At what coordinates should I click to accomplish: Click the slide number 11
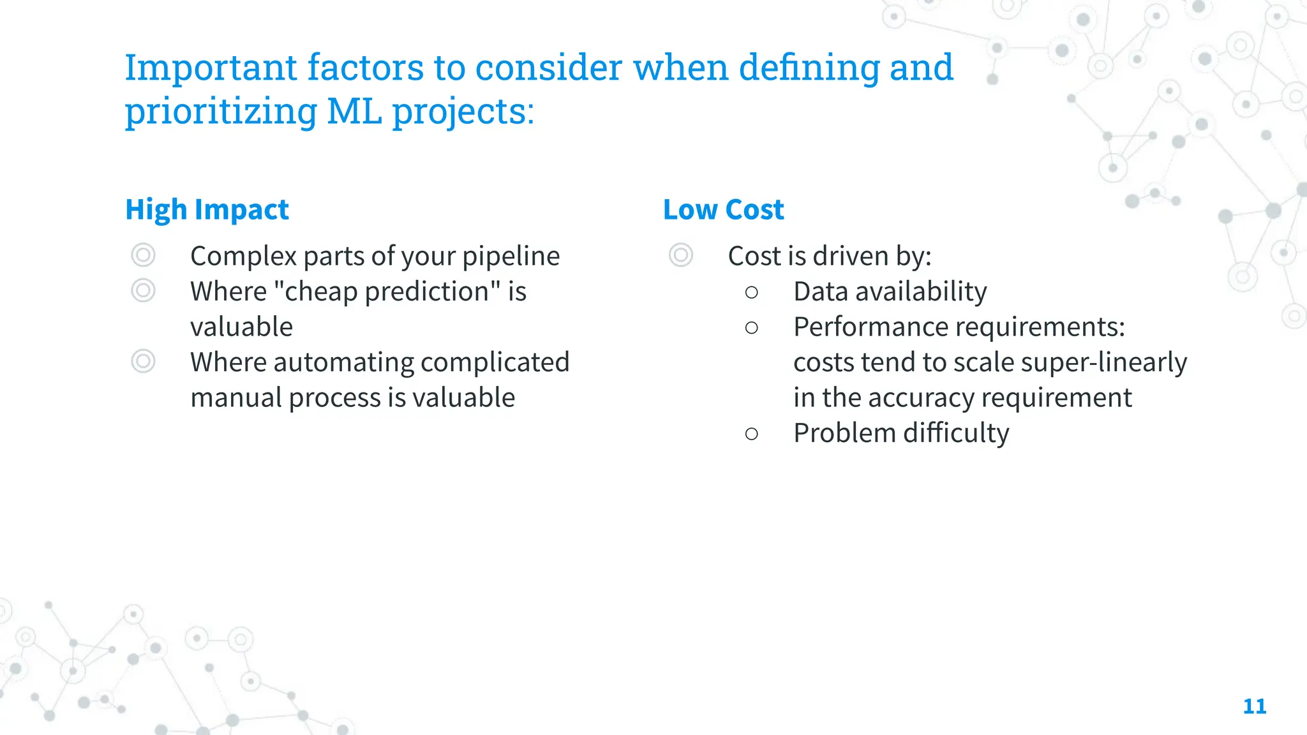1254,706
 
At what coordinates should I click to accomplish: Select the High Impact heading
207,209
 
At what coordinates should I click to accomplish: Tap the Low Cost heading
723,209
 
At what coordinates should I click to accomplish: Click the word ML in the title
354,111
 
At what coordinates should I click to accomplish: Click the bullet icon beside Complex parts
143,255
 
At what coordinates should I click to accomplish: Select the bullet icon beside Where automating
143,361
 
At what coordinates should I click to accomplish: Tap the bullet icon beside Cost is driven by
681,255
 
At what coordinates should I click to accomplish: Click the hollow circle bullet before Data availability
751,292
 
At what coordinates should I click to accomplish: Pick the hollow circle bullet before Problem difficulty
751,434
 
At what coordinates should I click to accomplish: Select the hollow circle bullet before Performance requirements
751,328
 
